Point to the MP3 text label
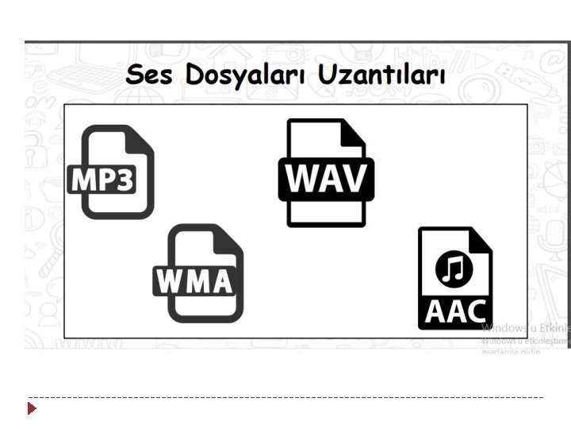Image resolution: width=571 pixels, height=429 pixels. coord(103,180)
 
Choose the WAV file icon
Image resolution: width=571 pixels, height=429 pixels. coord(326,172)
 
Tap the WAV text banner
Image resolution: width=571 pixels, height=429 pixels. coord(326,179)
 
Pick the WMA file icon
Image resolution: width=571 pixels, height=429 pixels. coord(202,272)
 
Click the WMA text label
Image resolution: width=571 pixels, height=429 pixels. coord(195,281)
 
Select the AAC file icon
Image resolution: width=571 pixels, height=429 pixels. coord(455,278)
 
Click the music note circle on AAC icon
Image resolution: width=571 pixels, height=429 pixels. coord(454,269)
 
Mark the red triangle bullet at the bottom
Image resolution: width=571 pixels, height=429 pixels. coord(32,408)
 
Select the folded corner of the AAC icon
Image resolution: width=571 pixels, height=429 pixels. coord(480,239)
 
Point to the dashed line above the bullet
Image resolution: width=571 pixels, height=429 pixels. coord(285,396)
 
